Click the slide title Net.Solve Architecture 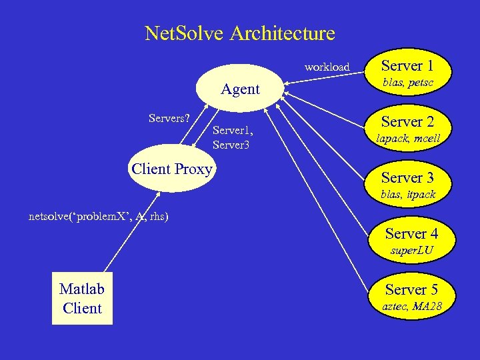pos(239,33)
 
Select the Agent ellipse pos(240,89)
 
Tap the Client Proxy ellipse pos(171,169)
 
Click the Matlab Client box pos(82,298)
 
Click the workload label pos(327,67)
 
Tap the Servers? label pos(169,118)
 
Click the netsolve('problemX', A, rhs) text pos(99,216)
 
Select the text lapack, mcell pos(407,139)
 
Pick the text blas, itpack pos(407,195)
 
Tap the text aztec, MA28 pos(411,307)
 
